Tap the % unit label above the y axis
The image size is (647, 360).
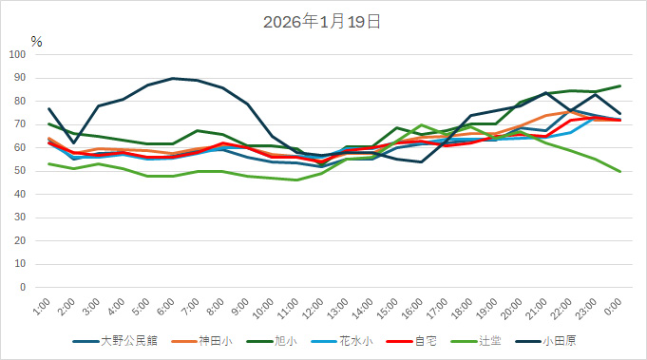tap(36, 42)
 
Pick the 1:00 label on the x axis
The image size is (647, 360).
tap(41, 307)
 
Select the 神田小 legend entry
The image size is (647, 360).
tap(214, 340)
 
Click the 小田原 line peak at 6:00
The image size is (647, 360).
tap(172, 78)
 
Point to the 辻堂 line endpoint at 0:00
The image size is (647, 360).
tap(620, 171)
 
